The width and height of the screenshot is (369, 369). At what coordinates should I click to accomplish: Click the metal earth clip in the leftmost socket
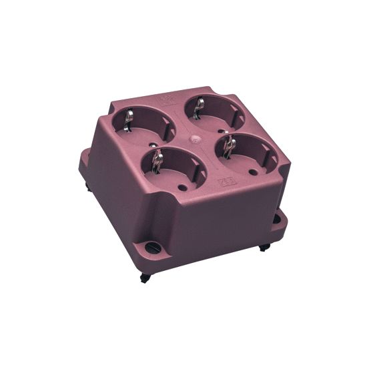[129, 119]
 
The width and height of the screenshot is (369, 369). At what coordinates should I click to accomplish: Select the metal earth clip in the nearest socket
[157, 160]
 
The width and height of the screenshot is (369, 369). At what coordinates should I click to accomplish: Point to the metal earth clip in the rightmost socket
[230, 145]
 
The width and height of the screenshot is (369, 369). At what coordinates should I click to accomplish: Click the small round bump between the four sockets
[194, 141]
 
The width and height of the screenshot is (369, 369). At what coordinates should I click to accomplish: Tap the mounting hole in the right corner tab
[276, 218]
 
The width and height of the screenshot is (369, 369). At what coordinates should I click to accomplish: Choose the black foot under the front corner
[145, 278]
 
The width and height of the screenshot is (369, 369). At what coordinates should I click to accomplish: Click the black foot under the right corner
[264, 247]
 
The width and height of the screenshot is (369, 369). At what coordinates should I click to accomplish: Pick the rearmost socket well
[212, 111]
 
